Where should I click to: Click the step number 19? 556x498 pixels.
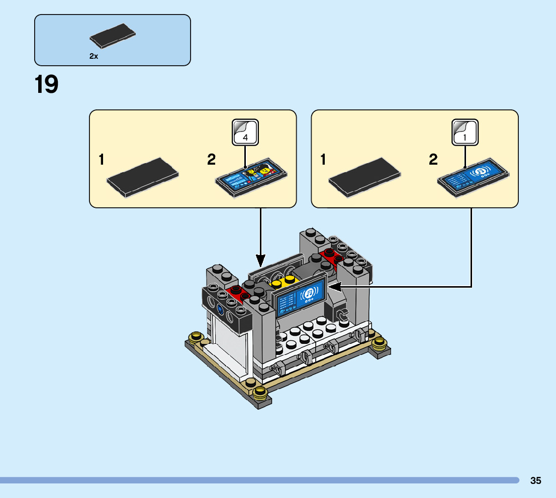[x=47, y=84]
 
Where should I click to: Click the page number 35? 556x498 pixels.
[x=535, y=480]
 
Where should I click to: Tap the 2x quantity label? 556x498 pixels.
[x=94, y=57]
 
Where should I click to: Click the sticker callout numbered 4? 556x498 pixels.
[x=245, y=132]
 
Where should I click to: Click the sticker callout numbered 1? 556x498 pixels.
[x=465, y=132]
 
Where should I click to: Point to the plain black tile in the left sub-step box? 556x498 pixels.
[x=143, y=177]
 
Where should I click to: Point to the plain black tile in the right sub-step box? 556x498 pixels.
[x=364, y=177]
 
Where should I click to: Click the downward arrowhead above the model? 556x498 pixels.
[x=260, y=261]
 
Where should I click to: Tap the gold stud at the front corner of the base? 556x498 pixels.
[x=260, y=393]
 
